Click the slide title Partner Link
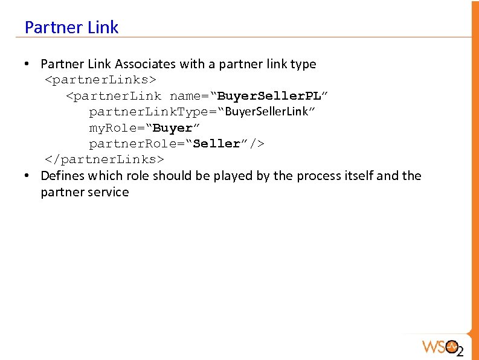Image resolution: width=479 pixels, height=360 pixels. (71, 27)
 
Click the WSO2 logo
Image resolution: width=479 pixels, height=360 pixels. (442, 347)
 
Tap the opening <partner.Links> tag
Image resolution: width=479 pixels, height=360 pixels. (101, 80)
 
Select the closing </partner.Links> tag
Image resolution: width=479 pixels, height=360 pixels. (104, 159)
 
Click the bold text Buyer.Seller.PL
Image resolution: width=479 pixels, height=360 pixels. (269, 96)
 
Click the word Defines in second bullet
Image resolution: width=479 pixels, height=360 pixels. (62, 176)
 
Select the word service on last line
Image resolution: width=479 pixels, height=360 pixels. (108, 192)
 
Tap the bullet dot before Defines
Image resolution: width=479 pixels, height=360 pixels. (28, 176)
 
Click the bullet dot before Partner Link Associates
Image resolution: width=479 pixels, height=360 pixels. (28, 63)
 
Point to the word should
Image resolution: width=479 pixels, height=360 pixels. (170, 176)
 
